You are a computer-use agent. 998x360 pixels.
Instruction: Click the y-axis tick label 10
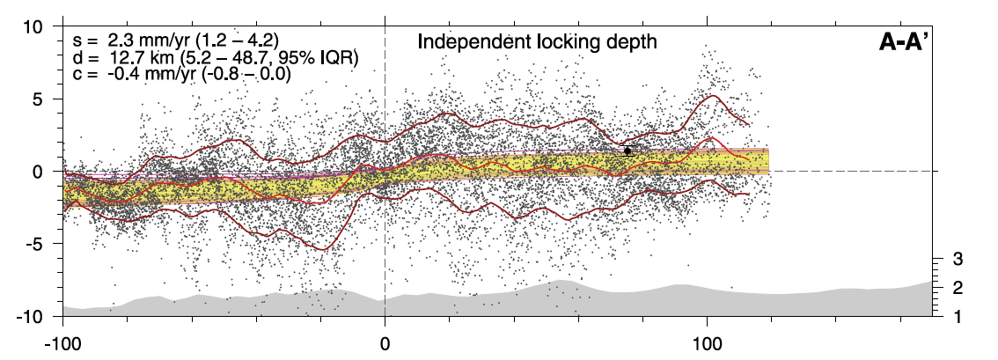point(33,27)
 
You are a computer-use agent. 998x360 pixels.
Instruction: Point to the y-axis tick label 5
point(40,99)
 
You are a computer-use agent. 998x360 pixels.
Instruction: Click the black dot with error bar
point(627,151)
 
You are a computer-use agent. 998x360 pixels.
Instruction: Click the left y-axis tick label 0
point(40,172)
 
